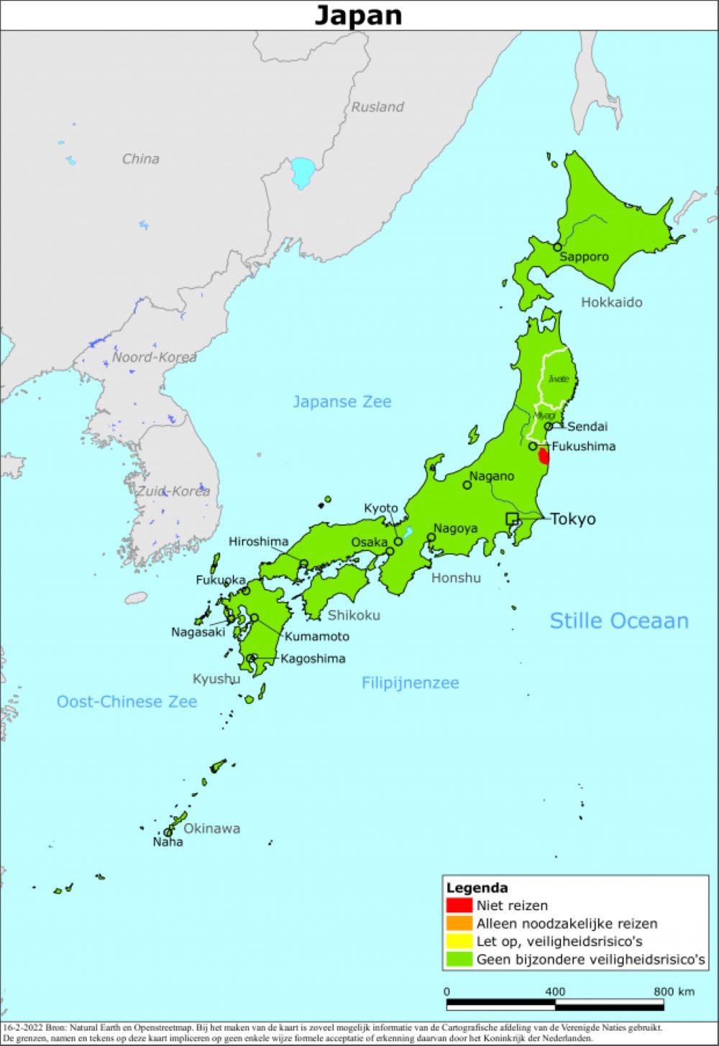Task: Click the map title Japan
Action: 358,15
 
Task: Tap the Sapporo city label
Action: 584,256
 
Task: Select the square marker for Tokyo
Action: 511,519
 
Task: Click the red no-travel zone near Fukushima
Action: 544,456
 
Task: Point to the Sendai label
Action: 587,426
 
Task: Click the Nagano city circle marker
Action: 467,485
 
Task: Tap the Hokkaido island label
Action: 611,302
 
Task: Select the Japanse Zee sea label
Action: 342,402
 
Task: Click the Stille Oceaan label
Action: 618,621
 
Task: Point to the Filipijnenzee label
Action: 410,682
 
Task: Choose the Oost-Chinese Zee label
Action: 127,701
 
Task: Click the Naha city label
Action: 168,842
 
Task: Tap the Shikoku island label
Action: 354,615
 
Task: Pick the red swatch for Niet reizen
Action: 459,905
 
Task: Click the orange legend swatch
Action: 459,923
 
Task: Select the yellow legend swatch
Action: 459,941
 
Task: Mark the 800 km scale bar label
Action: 674,991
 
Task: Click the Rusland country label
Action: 377,107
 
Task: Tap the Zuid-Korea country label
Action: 173,491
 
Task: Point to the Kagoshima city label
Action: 313,658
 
